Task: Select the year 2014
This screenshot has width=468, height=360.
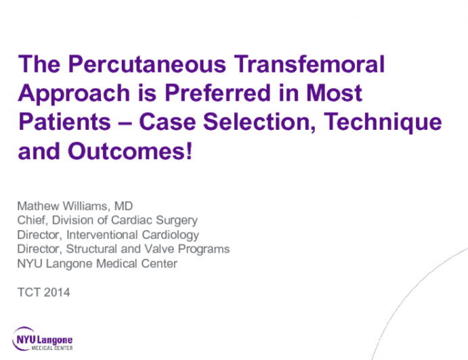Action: [x=57, y=292]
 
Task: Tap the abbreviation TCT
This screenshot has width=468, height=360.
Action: [x=27, y=292]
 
